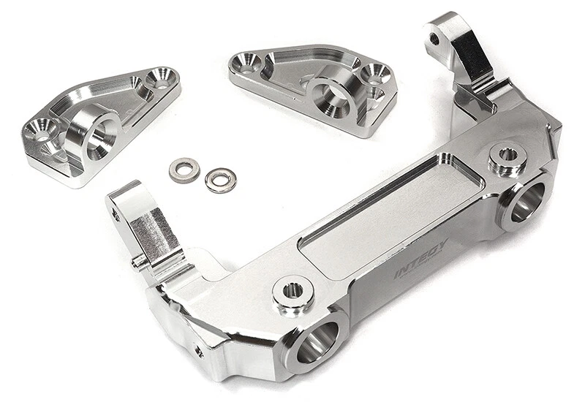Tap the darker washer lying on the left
pyautogui.click(x=184, y=170)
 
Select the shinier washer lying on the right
pyautogui.click(x=220, y=179)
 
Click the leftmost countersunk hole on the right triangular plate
pyautogui.click(x=246, y=64)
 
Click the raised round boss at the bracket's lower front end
pyautogui.click(x=292, y=291)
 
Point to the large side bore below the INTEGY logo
pyautogui.click(x=525, y=202)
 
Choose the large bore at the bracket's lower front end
pyautogui.click(x=317, y=341)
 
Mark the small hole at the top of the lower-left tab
pyautogui.click(x=116, y=213)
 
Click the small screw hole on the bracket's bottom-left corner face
pyautogui.click(x=199, y=351)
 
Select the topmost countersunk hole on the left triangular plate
pyautogui.click(x=161, y=76)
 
